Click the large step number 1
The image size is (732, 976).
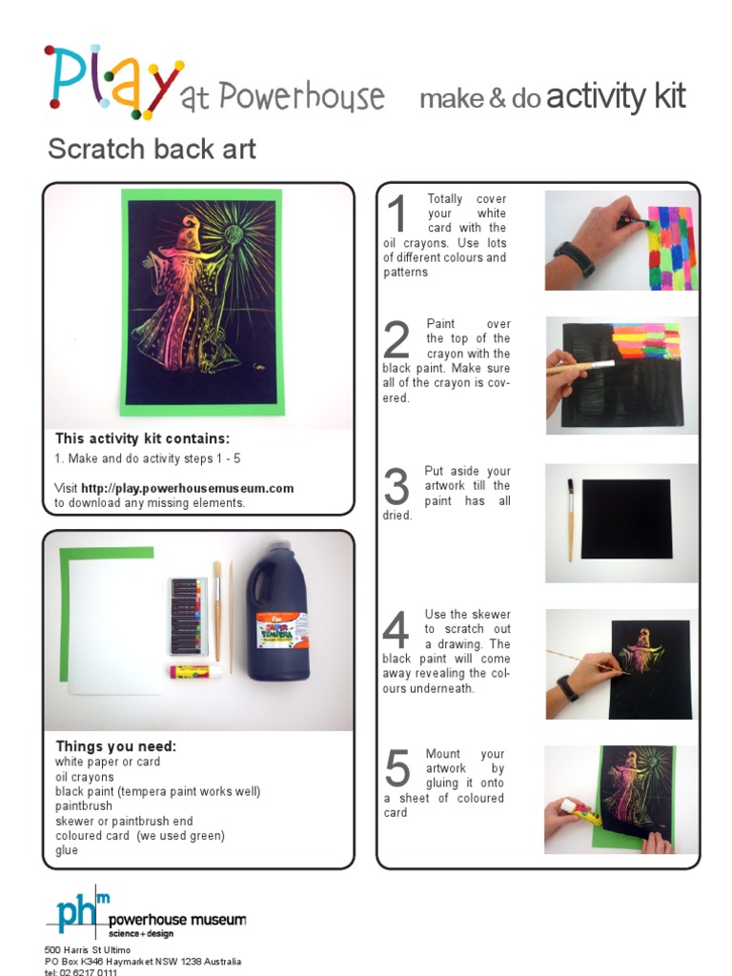pos(397,213)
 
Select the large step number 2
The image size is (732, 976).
pos(396,338)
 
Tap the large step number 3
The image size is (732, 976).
pos(396,486)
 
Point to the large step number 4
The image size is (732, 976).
pos(396,629)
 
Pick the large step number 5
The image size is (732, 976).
pos(397,768)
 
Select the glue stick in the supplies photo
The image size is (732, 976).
pos(195,672)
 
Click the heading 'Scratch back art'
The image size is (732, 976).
pos(152,150)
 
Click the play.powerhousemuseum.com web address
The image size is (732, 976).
pos(188,489)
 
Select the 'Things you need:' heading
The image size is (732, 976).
pos(115,745)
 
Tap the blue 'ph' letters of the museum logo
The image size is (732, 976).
pos(76,912)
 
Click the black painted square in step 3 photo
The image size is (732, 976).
pos(627,519)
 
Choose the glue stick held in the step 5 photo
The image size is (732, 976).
pos(580,812)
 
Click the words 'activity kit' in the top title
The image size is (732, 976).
pos(616,97)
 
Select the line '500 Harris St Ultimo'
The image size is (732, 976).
pos(87,950)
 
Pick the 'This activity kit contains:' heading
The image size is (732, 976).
pos(143,438)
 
